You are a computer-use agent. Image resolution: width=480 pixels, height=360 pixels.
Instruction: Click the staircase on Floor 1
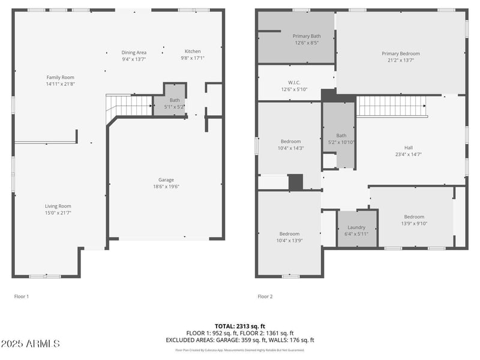(x=130, y=106)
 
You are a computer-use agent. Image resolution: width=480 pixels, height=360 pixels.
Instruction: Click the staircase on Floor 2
(x=391, y=107)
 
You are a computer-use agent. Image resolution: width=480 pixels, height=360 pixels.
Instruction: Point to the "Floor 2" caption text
(x=265, y=296)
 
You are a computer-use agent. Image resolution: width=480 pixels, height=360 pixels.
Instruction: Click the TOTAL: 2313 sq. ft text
(x=239, y=325)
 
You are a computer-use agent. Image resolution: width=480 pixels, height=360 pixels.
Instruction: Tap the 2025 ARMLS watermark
(x=31, y=344)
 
